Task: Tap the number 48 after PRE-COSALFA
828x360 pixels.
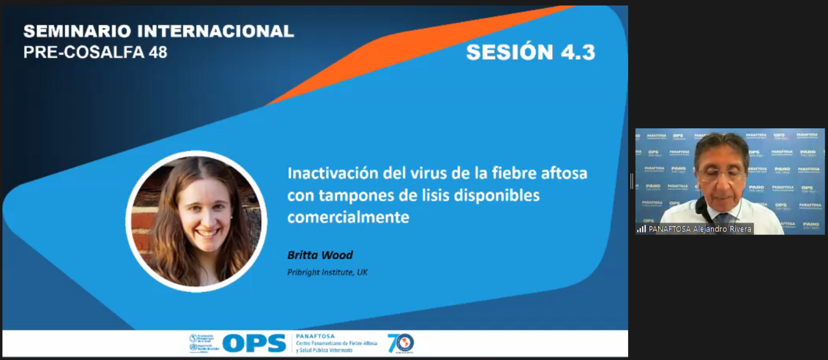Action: [157, 52]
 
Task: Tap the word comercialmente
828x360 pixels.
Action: [348, 217]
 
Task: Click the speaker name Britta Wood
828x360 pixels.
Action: [320, 256]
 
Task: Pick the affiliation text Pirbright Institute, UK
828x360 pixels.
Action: [327, 272]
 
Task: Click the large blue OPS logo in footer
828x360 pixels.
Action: [254, 343]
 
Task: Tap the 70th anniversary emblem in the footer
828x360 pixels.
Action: [401, 343]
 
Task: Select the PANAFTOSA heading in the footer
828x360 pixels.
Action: [315, 336]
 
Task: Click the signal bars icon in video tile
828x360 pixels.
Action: [641, 229]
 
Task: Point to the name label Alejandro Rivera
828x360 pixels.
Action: [722, 229]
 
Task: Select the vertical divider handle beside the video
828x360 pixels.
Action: [631, 182]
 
